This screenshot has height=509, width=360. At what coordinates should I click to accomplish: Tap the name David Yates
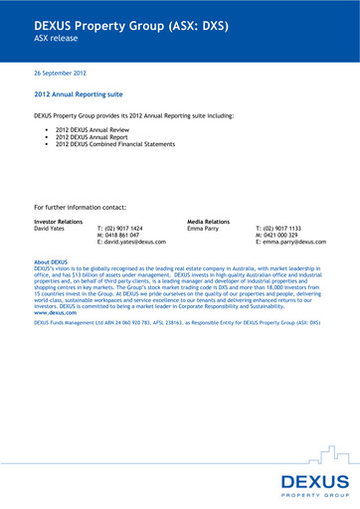[x=51, y=228]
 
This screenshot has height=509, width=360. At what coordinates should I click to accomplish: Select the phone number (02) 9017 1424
[x=131, y=228]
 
